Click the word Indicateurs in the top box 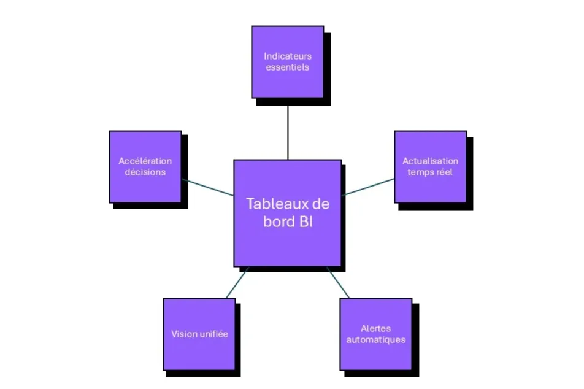point(288,56)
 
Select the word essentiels point(288,67)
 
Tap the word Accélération point(145,161)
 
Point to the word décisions point(145,172)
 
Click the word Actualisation point(430,161)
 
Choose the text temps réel point(430,172)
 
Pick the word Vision point(185,334)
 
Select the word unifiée point(213,334)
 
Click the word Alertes point(375,329)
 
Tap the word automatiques point(375,340)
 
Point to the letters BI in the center point(305,221)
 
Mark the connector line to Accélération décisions point(207,187)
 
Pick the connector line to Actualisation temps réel point(368,187)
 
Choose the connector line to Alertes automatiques point(338,283)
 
